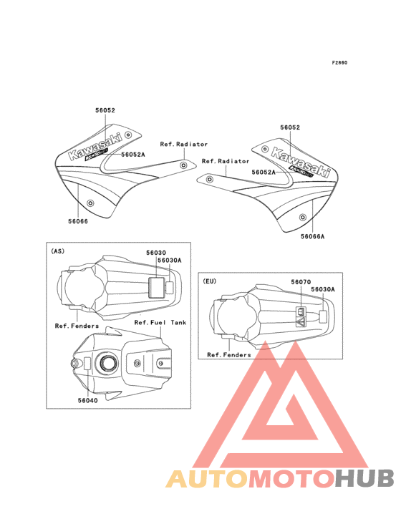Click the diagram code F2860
[x=339, y=62]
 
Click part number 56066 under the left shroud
[x=78, y=221]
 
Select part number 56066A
[x=312, y=237]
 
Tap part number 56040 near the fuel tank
[x=88, y=400]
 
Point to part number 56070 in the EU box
[x=301, y=282]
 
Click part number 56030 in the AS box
[x=156, y=253]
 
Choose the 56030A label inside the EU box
[x=323, y=289]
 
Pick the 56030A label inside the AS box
[x=170, y=261]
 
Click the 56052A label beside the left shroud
[x=133, y=155]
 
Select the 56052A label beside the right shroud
[x=264, y=172]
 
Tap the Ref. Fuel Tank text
[x=160, y=322]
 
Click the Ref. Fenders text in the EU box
[x=229, y=355]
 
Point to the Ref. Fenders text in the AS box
[x=77, y=326]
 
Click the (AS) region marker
[x=57, y=251]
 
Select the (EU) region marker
[x=210, y=281]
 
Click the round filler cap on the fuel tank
[x=107, y=363]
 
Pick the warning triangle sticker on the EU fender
[x=301, y=322]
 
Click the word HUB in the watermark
[x=364, y=478]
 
